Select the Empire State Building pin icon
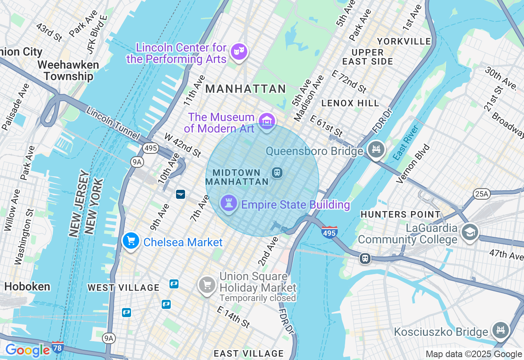tap(228, 203)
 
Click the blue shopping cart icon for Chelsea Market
tap(131, 241)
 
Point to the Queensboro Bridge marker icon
tap(376, 149)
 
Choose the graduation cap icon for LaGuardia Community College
tap(470, 232)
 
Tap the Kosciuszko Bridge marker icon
tap(500, 330)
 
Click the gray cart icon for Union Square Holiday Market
tap(207, 285)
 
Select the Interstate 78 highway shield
tap(58, 347)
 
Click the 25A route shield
tap(481, 193)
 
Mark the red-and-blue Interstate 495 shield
tap(330, 232)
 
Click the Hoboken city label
tap(27, 286)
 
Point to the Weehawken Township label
tap(68, 71)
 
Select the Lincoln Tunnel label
tap(113, 124)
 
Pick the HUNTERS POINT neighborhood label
tap(400, 214)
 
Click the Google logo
tap(27, 350)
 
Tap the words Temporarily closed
tap(257, 298)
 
